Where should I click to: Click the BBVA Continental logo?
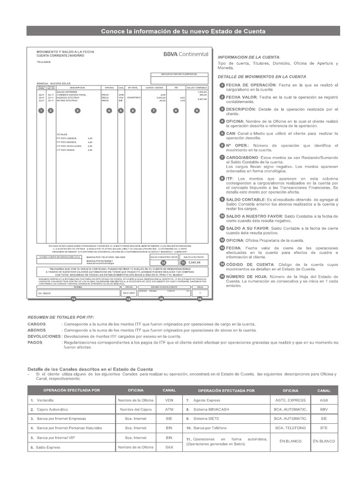(186, 54)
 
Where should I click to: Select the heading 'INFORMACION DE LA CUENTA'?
(249, 56)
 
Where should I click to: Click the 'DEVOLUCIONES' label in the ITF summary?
(44, 337)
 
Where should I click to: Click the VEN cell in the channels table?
(169, 400)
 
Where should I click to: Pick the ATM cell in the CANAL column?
(169, 409)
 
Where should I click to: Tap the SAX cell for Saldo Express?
(169, 447)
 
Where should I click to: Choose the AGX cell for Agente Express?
(324, 400)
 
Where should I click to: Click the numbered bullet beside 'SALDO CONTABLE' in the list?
(222, 199)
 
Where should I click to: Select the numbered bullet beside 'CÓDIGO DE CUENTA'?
(222, 264)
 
